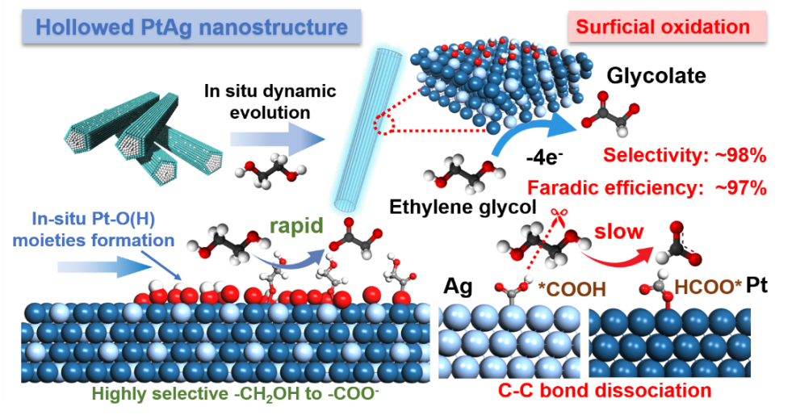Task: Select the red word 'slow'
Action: tap(619, 233)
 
